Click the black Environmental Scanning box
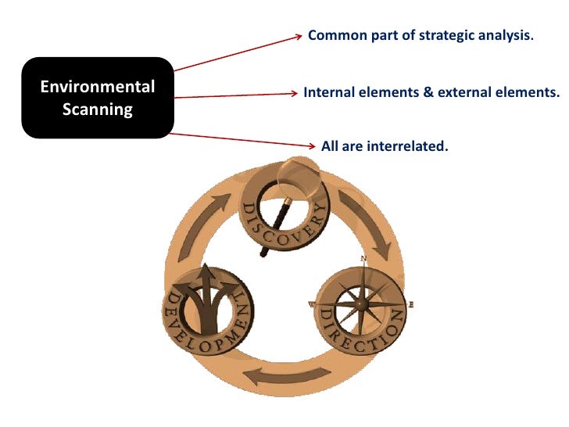click(97, 98)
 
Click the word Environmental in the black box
click(98, 87)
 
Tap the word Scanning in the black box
click(98, 109)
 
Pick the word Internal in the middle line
click(328, 92)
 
